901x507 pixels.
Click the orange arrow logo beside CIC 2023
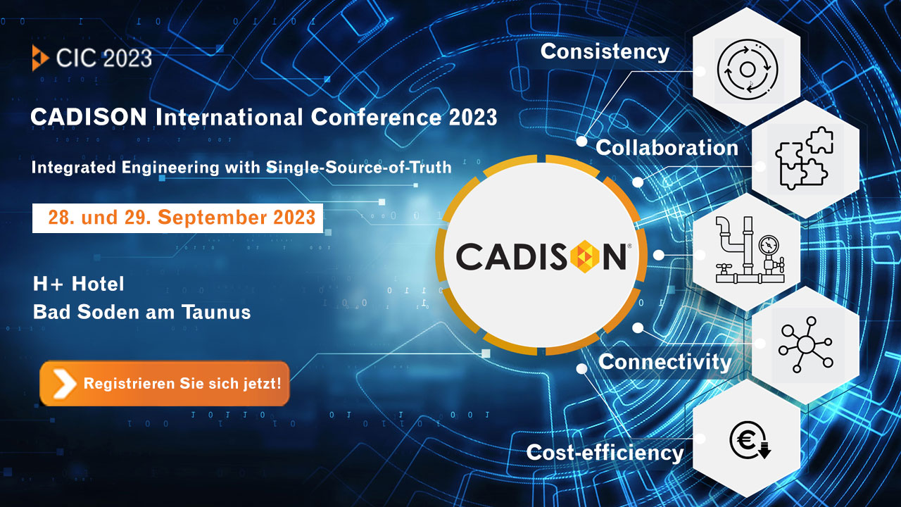[40, 58]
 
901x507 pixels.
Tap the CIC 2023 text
[103, 58]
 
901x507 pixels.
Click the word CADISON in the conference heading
[89, 117]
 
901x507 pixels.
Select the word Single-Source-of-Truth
[359, 168]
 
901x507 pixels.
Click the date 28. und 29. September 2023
[182, 218]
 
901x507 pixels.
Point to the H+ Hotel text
[79, 284]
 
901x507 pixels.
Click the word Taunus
[216, 312]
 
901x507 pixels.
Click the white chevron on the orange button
[64, 384]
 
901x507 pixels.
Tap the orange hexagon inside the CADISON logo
[585, 256]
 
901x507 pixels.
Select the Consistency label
[605, 52]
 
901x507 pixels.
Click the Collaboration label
[667, 148]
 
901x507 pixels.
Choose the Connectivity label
[664, 362]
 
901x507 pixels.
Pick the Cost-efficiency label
[605, 453]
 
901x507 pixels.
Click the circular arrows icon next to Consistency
[748, 70]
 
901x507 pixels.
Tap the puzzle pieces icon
[804, 158]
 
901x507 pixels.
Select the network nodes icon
[805, 344]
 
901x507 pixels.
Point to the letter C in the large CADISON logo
[469, 256]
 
